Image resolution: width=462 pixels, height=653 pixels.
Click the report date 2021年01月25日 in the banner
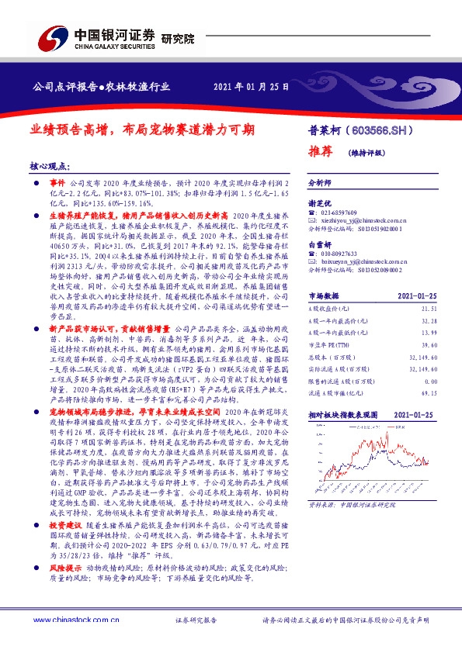(250, 86)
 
